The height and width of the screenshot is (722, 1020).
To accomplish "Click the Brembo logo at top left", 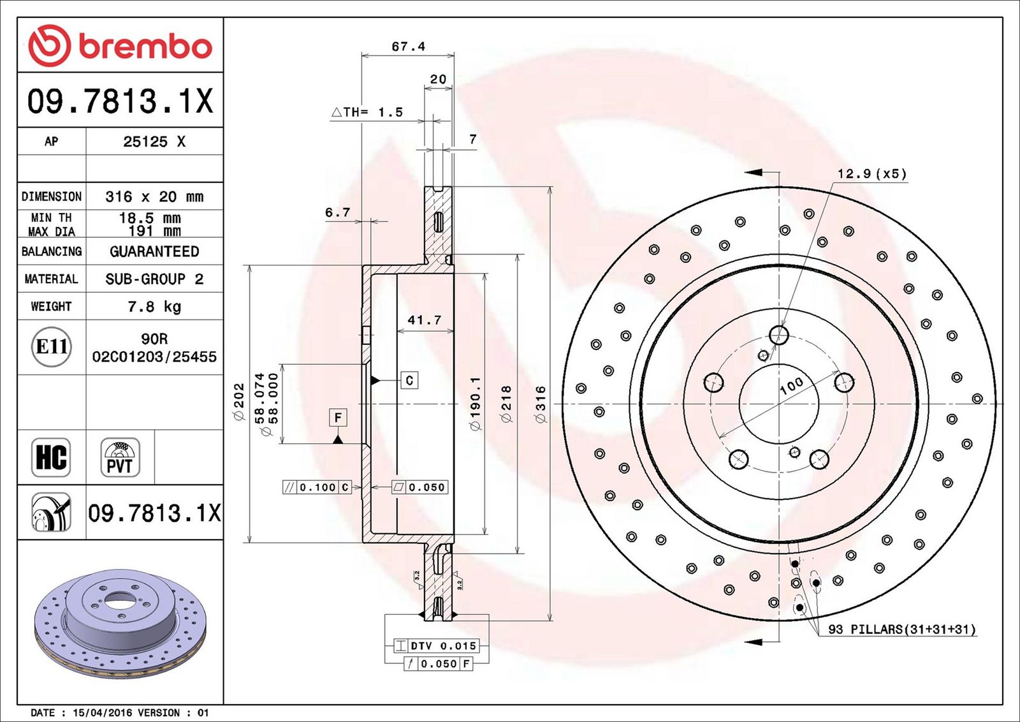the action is coord(120,45).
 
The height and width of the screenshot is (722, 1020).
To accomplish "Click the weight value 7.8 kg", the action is coord(154,307).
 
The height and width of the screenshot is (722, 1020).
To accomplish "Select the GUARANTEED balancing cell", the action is coord(154,251).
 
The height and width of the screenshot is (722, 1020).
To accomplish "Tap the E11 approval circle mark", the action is coord(52,347).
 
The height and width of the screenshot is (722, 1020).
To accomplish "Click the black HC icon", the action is coord(51,457).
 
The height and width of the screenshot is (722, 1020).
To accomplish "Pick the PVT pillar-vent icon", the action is coord(120,457).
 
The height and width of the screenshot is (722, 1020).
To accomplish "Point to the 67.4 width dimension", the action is coord(408,47).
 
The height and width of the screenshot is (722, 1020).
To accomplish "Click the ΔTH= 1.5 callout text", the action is coord(367,112).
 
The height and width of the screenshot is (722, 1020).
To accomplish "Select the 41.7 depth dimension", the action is coord(425,320).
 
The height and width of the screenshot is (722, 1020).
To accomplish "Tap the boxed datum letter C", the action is coord(409,380).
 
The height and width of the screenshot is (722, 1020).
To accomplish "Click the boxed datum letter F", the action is coord(338,418).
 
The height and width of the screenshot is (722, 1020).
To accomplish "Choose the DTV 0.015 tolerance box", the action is coord(436,645).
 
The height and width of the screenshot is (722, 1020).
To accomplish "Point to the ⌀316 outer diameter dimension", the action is coord(541,404).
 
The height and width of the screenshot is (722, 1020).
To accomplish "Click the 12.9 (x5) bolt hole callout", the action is coord(871,173).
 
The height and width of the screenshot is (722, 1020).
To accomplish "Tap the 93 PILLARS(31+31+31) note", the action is coord(901,630).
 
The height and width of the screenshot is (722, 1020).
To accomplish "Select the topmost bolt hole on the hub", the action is coord(779,335).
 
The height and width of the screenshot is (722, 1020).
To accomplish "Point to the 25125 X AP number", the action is coord(154,142).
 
